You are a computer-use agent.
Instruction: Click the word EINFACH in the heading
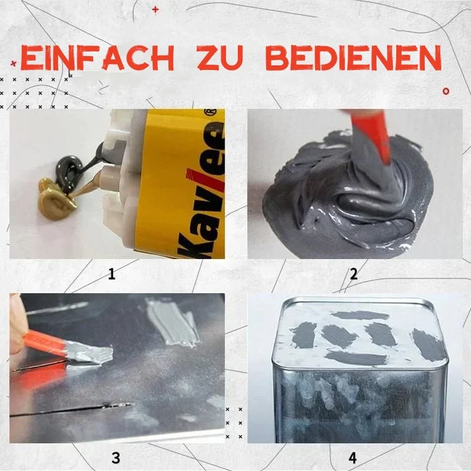point(96,59)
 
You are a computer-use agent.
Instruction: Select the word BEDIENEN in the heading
point(356,59)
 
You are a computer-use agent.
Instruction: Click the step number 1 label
point(112,273)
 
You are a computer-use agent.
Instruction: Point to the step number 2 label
point(354,273)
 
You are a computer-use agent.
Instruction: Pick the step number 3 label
point(116,457)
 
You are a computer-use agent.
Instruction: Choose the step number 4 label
point(352,457)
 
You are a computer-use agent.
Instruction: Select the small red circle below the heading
point(447,89)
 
